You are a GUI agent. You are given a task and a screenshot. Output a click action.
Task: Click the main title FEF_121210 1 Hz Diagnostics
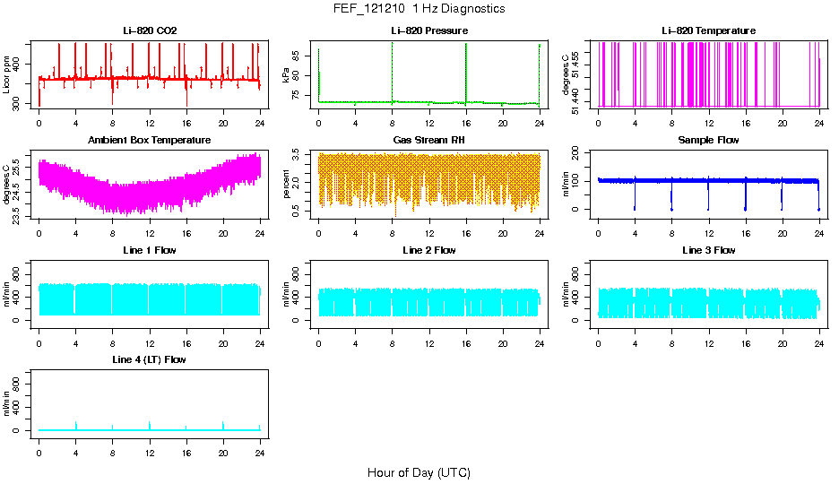(419, 9)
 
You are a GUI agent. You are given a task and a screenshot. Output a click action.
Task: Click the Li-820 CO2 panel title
(150, 31)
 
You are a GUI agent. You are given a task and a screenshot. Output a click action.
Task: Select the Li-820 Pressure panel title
(429, 31)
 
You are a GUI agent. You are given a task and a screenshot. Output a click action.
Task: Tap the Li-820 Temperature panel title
(708, 31)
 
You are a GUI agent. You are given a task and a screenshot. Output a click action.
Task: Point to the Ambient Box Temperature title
(150, 141)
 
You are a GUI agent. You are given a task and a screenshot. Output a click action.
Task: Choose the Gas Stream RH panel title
(429, 141)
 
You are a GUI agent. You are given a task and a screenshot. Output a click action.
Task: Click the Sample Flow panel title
(708, 141)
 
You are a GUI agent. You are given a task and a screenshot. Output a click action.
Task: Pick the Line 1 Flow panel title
(150, 250)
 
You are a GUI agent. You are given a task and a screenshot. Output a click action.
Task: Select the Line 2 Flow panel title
(429, 250)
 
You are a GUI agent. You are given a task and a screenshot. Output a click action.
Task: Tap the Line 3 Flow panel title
(708, 250)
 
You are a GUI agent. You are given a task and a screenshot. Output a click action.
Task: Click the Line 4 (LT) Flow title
(150, 359)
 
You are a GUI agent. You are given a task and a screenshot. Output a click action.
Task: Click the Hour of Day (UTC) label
(419, 472)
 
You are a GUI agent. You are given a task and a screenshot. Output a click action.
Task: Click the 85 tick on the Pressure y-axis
(298, 56)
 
